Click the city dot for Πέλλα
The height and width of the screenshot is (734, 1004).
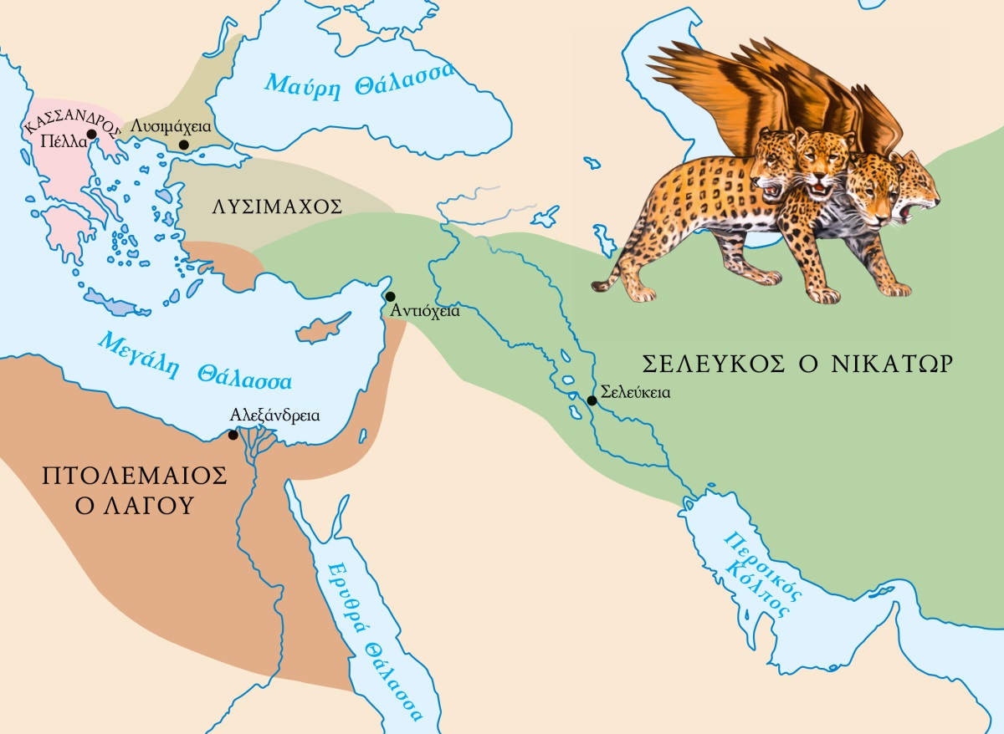91,134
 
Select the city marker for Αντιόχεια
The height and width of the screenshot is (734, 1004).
390,297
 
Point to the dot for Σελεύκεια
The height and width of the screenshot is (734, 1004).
592,400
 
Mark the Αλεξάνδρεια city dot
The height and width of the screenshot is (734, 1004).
233,435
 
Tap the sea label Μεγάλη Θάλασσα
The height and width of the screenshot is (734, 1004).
192,361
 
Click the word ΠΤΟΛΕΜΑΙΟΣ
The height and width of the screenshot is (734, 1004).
135,477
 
